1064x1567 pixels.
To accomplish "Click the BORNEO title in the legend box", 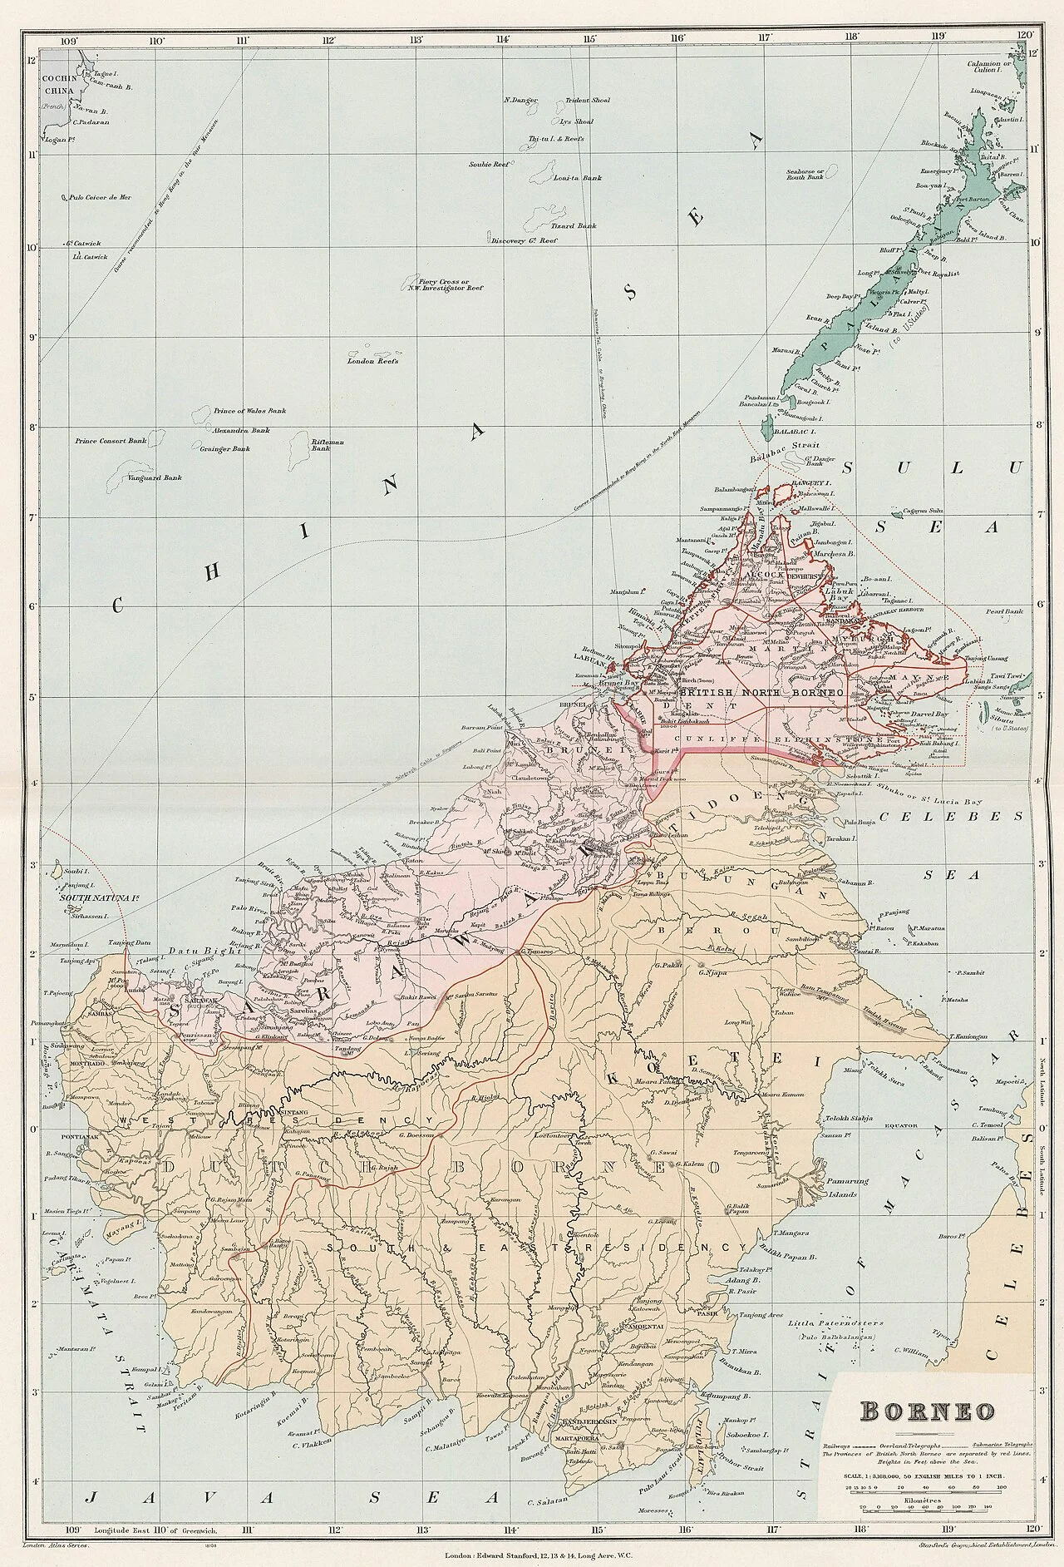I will pos(928,1411).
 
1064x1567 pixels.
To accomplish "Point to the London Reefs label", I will pos(374,362).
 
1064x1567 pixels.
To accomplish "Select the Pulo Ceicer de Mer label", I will pos(102,198).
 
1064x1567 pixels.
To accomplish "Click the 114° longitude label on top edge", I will pos(502,38).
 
